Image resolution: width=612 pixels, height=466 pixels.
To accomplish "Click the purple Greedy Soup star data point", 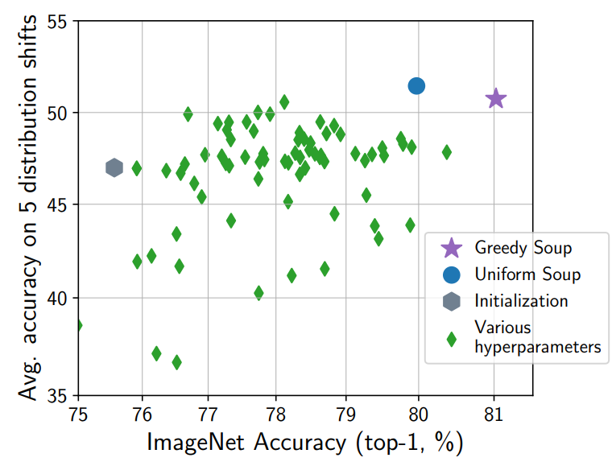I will [x=495, y=98].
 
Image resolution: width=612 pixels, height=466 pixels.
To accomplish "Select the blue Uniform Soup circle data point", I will [x=416, y=85].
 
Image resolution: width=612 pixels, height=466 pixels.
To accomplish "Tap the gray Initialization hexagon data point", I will [x=114, y=167].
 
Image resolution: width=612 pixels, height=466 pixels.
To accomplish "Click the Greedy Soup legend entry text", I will [x=523, y=247].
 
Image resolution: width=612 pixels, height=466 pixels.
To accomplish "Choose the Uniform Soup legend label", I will [x=527, y=274].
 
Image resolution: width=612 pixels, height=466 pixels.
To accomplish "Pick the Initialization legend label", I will [x=521, y=301].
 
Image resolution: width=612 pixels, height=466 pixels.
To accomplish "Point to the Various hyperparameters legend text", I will [x=537, y=337].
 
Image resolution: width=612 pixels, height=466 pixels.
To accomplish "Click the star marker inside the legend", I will [x=451, y=247].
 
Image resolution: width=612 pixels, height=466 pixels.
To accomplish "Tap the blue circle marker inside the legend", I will [x=451, y=274].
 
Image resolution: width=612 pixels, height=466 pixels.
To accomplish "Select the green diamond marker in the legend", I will [x=451, y=338].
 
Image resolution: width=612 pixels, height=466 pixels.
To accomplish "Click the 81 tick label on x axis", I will [x=493, y=414].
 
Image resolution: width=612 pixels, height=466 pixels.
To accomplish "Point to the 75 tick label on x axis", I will [x=78, y=414].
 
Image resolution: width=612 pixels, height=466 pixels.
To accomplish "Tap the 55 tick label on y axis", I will [x=58, y=20].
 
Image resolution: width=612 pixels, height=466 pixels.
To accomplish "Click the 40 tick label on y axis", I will [x=58, y=299].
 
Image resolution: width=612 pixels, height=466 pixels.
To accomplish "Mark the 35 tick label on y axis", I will [x=58, y=395].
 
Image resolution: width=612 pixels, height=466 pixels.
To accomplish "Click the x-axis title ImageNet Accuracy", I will [x=305, y=443].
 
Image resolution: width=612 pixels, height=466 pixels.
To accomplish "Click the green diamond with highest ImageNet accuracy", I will [x=446, y=152].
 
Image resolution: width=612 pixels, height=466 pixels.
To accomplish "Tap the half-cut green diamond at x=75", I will [x=79, y=325].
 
